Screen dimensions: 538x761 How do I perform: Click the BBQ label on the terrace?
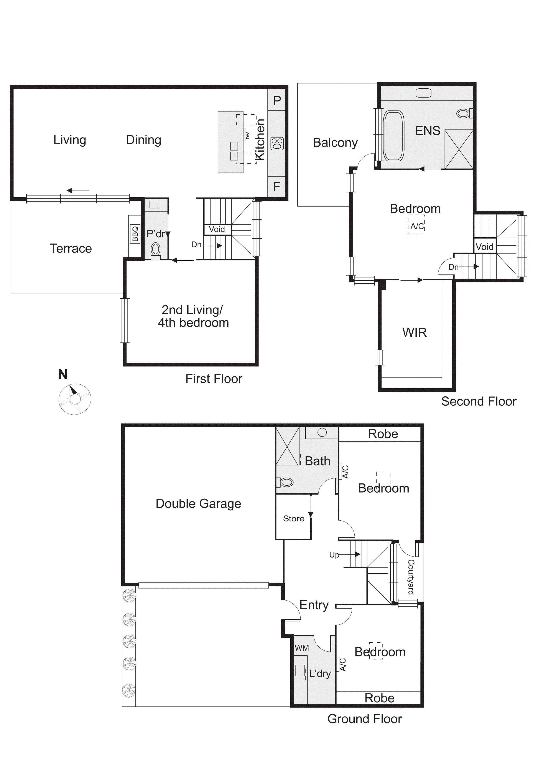[x=135, y=234]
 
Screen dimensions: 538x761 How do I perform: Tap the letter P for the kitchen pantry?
[x=277, y=101]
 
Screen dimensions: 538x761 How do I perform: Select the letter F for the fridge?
[x=277, y=187]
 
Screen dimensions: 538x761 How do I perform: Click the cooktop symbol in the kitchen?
[x=277, y=144]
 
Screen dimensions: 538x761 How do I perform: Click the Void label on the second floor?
[x=484, y=246]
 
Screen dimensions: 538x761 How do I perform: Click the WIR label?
[x=415, y=333]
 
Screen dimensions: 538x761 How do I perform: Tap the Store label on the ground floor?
[x=293, y=518]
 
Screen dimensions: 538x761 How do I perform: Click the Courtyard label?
[x=411, y=577]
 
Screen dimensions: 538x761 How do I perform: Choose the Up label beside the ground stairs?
[x=334, y=555]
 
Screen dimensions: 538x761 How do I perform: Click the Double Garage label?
[x=198, y=504]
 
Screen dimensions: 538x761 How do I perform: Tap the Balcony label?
[x=335, y=143]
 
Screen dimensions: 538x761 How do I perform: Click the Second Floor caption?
[x=479, y=401]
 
